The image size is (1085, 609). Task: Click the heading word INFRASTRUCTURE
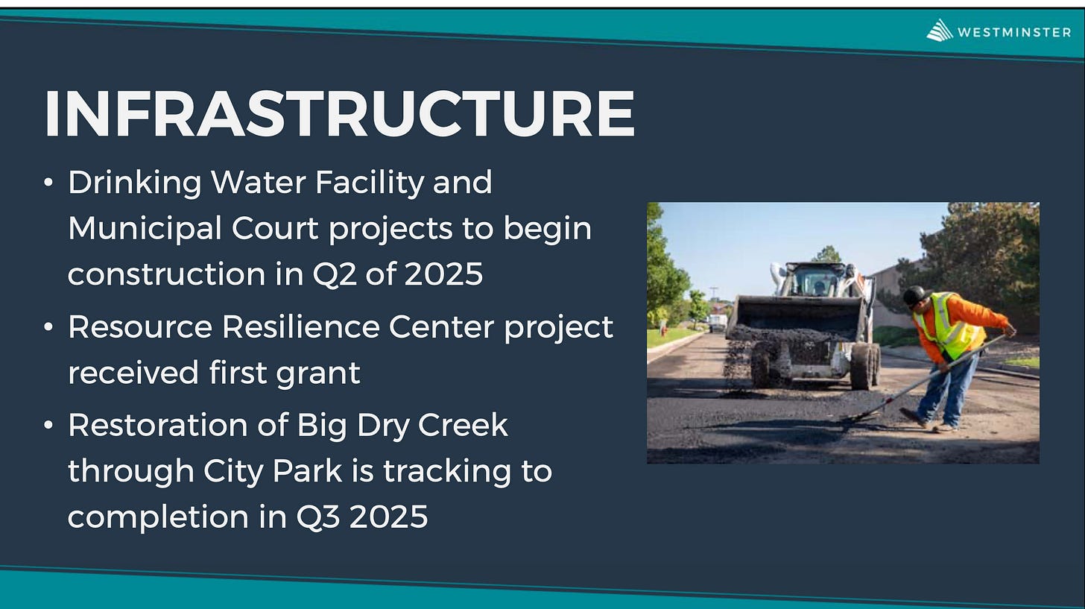point(340,113)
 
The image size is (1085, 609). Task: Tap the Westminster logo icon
point(940,31)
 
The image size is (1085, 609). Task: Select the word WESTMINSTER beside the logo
point(1014,33)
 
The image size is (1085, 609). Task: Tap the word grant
point(318,373)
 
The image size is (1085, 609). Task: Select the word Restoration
point(157,425)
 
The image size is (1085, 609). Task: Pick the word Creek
point(463,425)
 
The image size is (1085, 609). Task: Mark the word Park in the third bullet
point(307,470)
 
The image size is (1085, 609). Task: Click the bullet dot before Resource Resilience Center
point(48,327)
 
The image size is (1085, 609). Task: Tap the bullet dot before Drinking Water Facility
point(48,183)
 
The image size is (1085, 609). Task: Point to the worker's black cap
point(917,294)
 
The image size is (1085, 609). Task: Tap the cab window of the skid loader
point(817,280)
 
